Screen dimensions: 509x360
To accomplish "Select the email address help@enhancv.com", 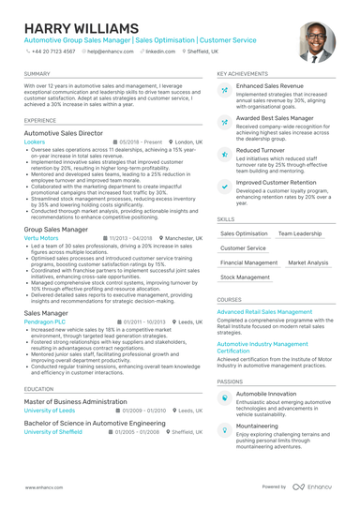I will [x=111, y=52].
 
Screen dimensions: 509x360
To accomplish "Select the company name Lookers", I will [x=34, y=142].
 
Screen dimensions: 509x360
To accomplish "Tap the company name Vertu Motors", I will [x=41, y=238].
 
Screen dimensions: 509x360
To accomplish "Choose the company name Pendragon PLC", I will [x=45, y=322].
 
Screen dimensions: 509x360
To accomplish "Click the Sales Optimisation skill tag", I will [x=244, y=233].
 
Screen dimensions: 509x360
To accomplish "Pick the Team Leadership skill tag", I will [x=300, y=233].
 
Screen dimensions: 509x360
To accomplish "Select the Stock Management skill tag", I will [x=246, y=277].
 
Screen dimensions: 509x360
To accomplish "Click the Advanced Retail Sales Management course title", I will [x=264, y=311].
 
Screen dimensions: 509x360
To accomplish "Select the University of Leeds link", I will [x=49, y=411].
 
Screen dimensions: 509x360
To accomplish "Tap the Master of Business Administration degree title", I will [x=75, y=401].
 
